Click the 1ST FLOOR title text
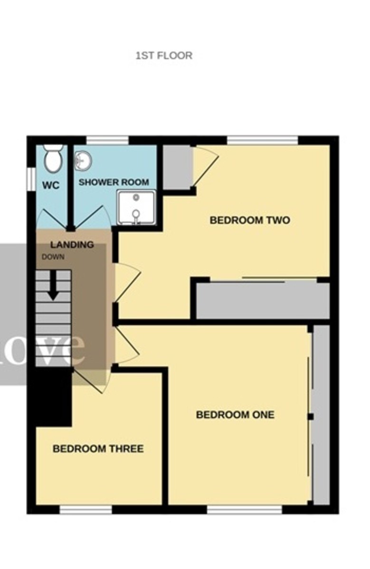pos(164,55)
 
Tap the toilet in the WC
pos(53,159)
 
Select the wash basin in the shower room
pos(83,161)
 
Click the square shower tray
pos(136,208)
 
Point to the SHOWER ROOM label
pos(114,182)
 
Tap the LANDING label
pos(72,245)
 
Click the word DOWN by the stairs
pos(53,257)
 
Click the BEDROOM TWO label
pos(250,220)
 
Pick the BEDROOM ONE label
pos(235,415)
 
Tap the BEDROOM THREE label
pos(98,449)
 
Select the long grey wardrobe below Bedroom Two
pos(263,301)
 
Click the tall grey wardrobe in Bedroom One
pos(322,415)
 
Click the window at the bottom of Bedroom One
pos(245,510)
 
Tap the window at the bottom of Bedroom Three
pos(85,510)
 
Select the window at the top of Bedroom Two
pos(262,140)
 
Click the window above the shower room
pos(107,140)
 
